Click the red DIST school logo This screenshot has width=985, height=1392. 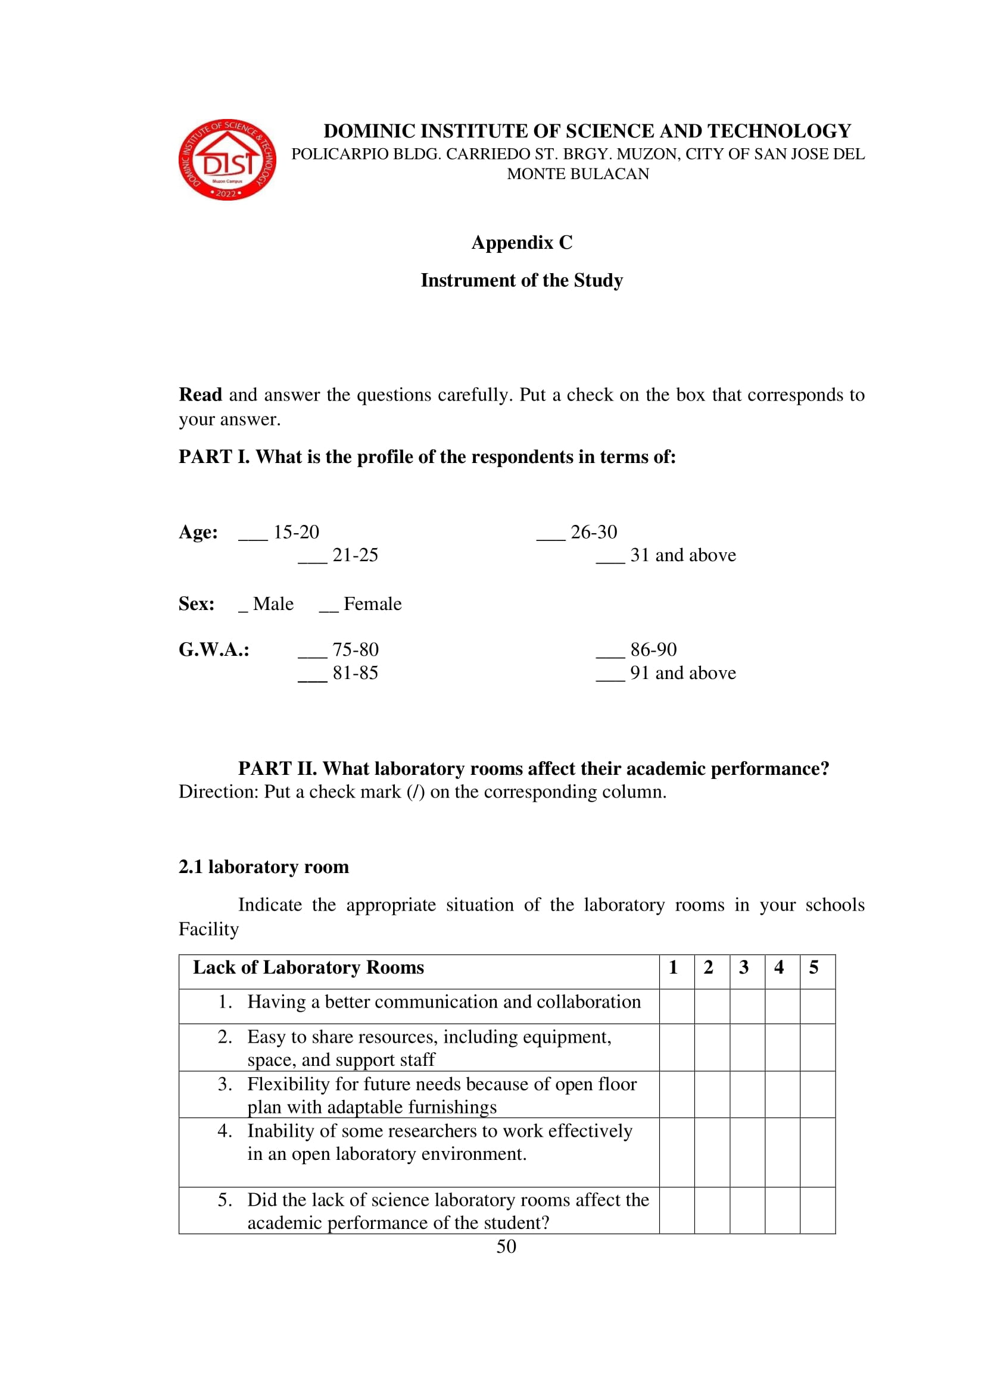(x=227, y=159)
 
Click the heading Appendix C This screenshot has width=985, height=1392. (x=522, y=242)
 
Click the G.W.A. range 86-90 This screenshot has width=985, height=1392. (x=653, y=650)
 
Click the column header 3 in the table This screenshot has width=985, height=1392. (x=744, y=967)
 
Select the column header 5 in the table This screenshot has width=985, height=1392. (x=814, y=967)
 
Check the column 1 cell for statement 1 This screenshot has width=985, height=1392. (x=677, y=1006)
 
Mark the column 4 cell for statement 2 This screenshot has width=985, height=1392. (x=782, y=1047)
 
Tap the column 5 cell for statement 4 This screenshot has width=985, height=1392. (x=818, y=1152)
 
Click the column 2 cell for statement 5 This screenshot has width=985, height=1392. (x=712, y=1210)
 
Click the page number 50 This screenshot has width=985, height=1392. (x=506, y=1247)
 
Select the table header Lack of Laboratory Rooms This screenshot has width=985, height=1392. (x=308, y=968)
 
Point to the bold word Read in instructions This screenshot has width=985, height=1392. (x=200, y=395)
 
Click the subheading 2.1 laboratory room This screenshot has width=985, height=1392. (x=264, y=867)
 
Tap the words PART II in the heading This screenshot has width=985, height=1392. (x=276, y=769)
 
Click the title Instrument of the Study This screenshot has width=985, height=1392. (x=522, y=280)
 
